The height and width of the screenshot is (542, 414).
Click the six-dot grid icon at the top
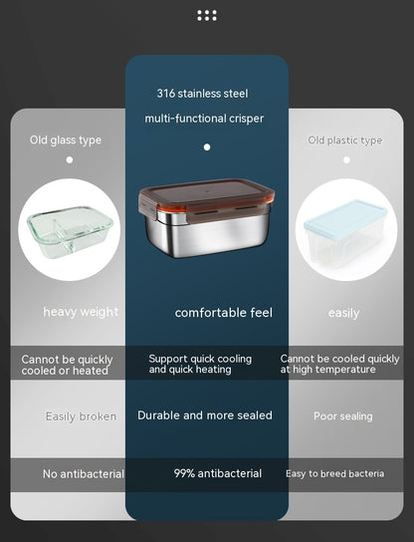click(x=207, y=16)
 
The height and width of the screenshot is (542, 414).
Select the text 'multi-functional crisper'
click(x=204, y=119)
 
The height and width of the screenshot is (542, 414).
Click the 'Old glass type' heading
click(x=66, y=140)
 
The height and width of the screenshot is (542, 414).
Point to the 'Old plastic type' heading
click(x=345, y=140)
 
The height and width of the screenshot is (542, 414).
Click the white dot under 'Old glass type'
click(x=70, y=159)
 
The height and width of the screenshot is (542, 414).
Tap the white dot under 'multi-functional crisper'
click(x=207, y=147)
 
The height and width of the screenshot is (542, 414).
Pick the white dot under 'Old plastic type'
click(x=346, y=159)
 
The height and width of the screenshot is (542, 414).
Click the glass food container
click(x=70, y=231)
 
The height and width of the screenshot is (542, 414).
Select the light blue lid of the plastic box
click(x=345, y=219)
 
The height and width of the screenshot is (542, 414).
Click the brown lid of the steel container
click(x=206, y=195)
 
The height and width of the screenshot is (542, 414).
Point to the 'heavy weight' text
click(x=81, y=312)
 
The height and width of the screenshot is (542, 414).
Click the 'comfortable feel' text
click(x=223, y=313)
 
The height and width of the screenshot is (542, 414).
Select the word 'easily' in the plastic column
click(x=344, y=313)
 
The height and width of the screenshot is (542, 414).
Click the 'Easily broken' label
click(x=82, y=416)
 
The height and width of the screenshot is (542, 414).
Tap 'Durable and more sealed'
click(x=205, y=415)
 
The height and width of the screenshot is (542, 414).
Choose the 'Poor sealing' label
click(x=343, y=416)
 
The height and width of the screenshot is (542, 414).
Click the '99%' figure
click(x=184, y=473)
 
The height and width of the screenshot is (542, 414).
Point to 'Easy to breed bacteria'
click(x=335, y=473)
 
